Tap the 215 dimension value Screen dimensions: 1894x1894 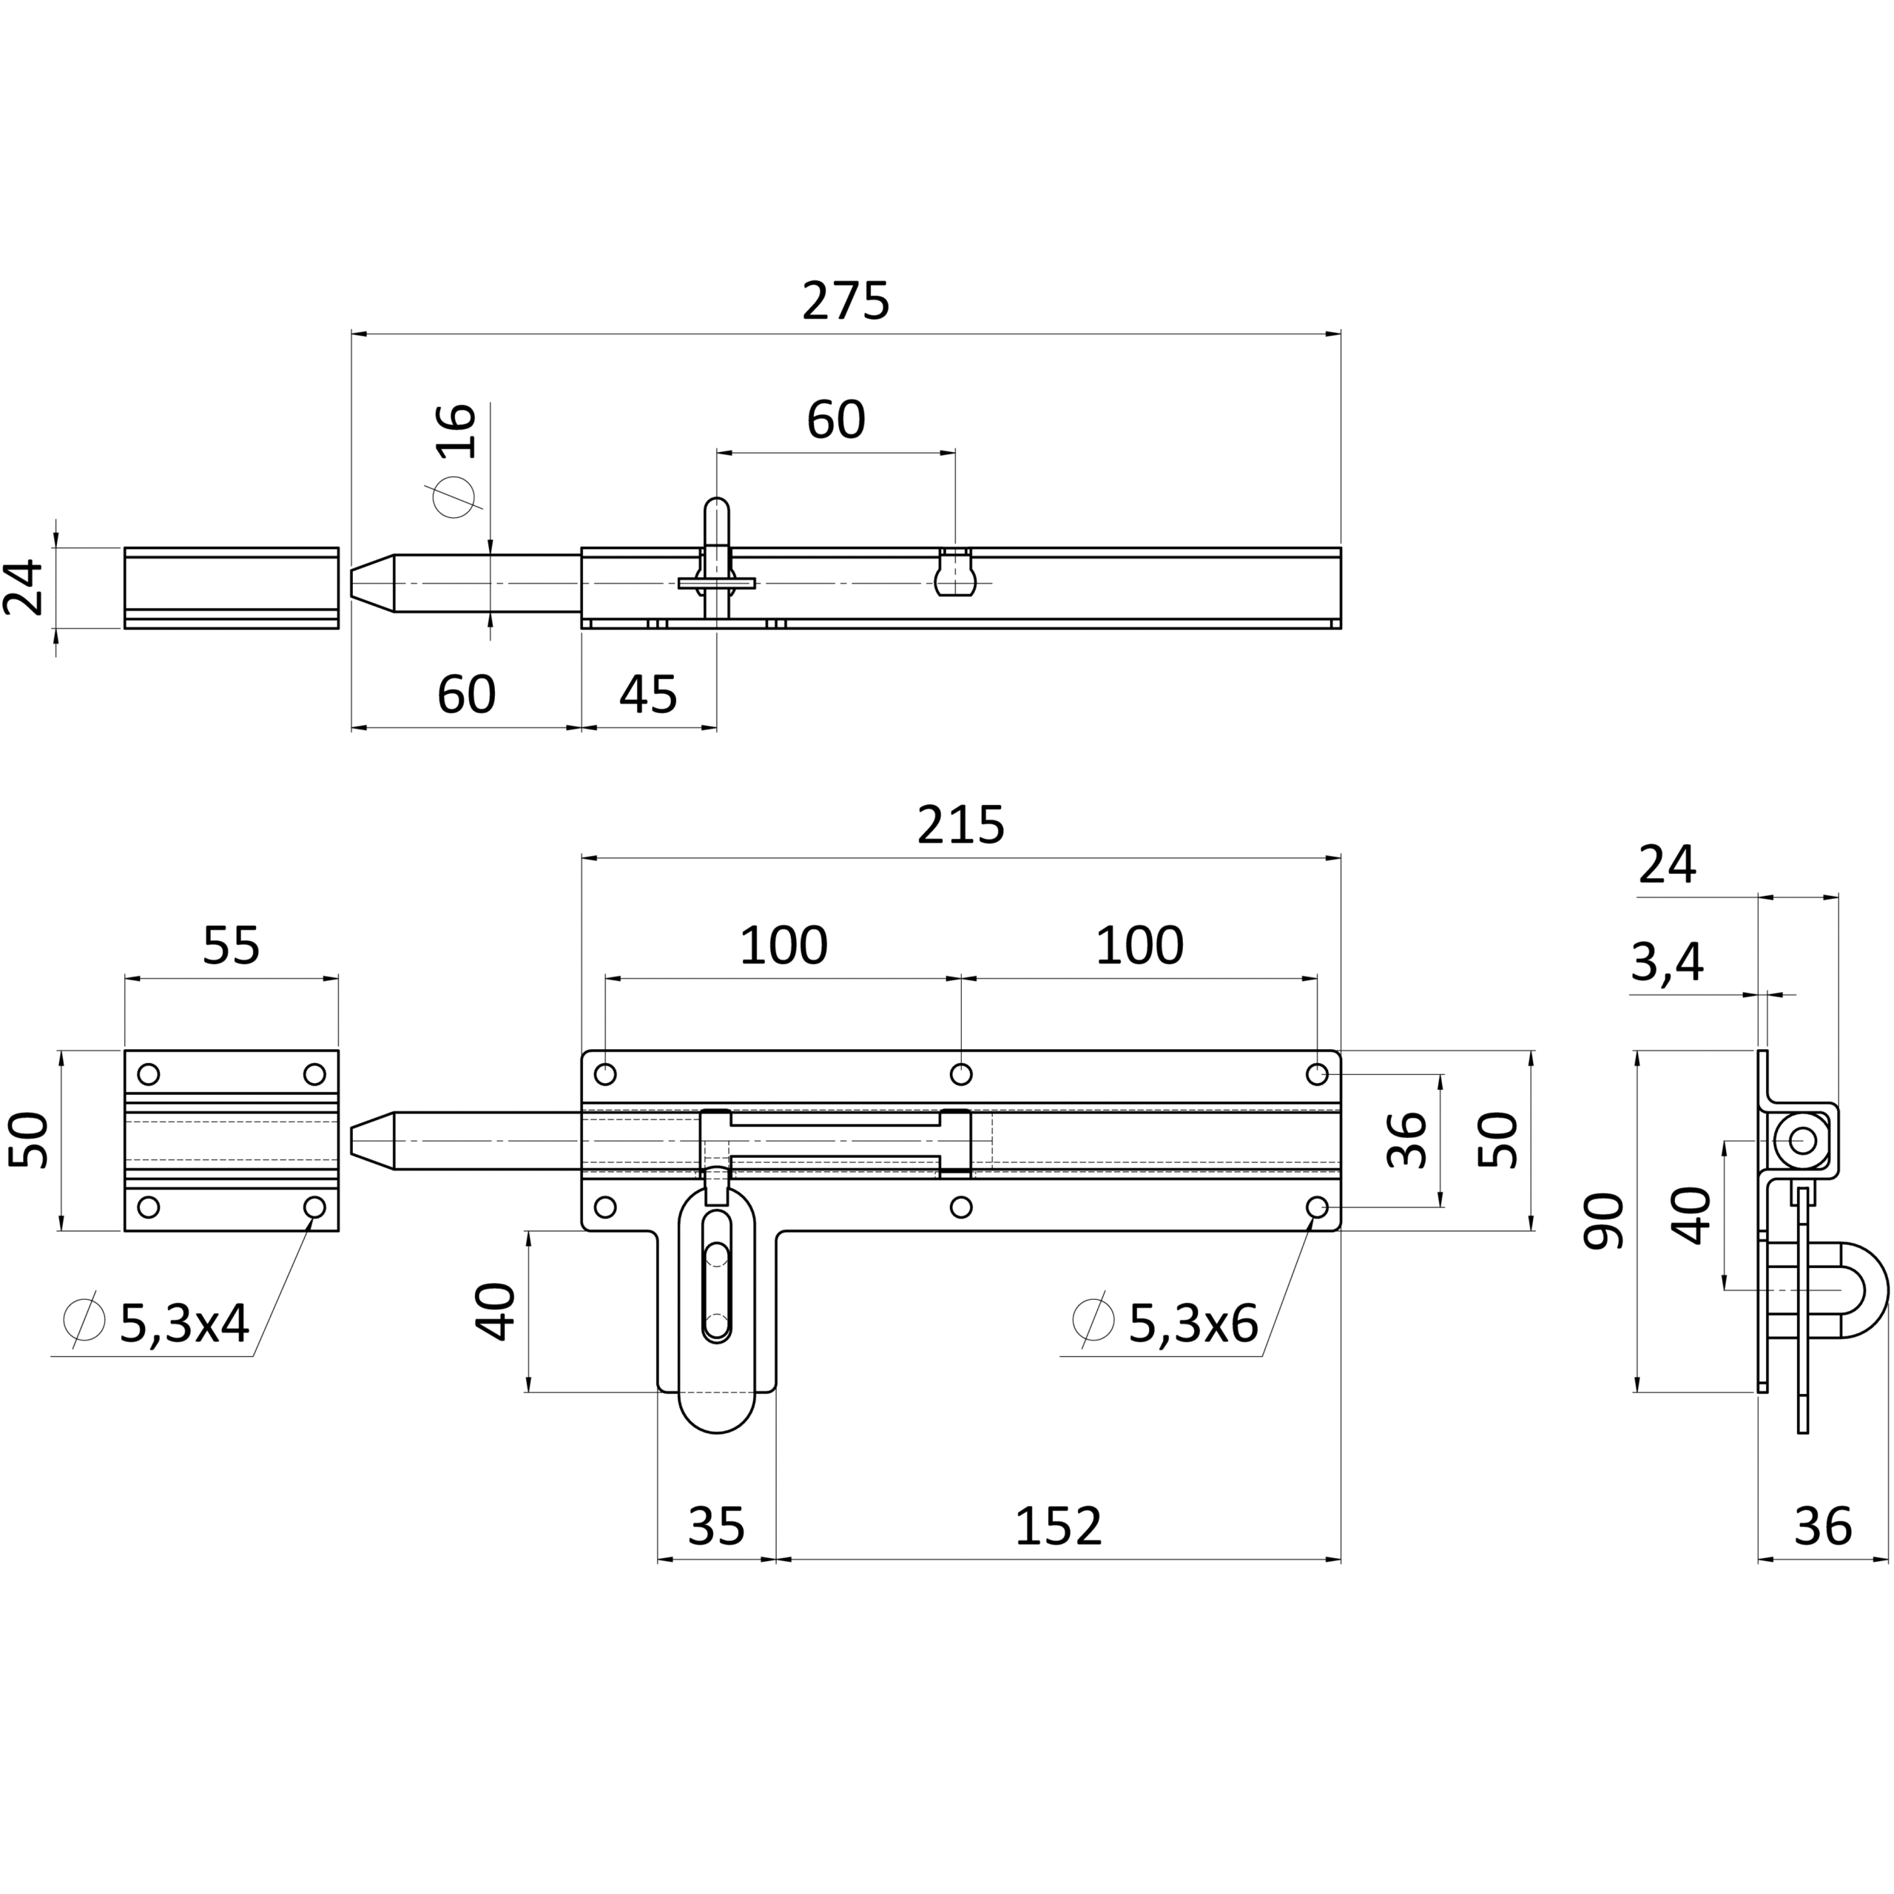(961, 826)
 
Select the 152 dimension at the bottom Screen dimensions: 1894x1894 (1058, 1526)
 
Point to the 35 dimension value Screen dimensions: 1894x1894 (717, 1526)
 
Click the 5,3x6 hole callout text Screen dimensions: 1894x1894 (1193, 1324)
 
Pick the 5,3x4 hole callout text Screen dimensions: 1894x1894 (184, 1324)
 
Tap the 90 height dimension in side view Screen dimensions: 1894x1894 (1605, 1221)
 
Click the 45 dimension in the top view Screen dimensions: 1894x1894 (648, 695)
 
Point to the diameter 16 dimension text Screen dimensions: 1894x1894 (456, 431)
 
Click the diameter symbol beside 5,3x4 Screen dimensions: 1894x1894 (84, 1320)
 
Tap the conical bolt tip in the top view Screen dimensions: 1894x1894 (373, 583)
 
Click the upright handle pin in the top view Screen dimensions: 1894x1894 (718, 559)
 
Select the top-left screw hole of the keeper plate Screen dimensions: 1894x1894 (149, 1074)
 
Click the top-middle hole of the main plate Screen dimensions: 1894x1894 (961, 1074)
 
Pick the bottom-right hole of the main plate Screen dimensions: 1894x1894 (1318, 1207)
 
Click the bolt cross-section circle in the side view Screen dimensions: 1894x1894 (1802, 1140)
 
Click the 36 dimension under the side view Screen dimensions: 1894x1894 (1822, 1526)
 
